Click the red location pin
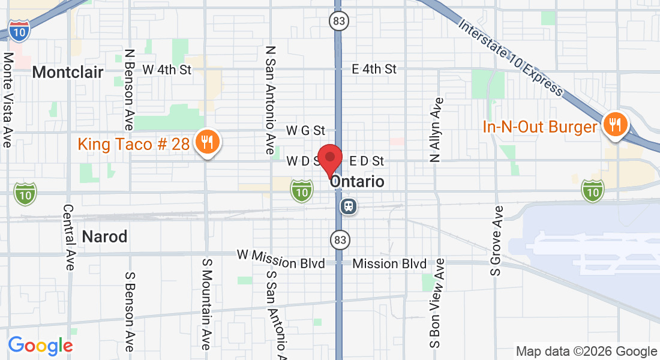(329, 159)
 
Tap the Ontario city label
(358, 181)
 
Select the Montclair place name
(68, 73)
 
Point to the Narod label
(105, 236)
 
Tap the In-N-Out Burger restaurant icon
(615, 125)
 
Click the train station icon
(348, 207)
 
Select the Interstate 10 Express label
(511, 57)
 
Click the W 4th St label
(167, 70)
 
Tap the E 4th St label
(374, 69)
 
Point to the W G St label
(305, 130)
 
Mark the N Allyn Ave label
(436, 130)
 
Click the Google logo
(40, 346)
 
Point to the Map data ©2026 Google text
(587, 351)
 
